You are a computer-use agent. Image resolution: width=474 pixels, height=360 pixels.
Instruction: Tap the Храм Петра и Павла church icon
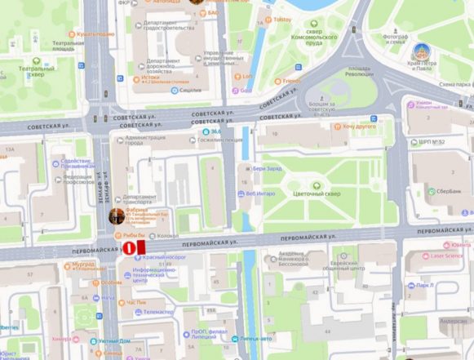tap(422, 51)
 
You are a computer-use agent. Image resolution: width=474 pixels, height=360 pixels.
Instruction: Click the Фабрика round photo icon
tap(118, 217)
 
